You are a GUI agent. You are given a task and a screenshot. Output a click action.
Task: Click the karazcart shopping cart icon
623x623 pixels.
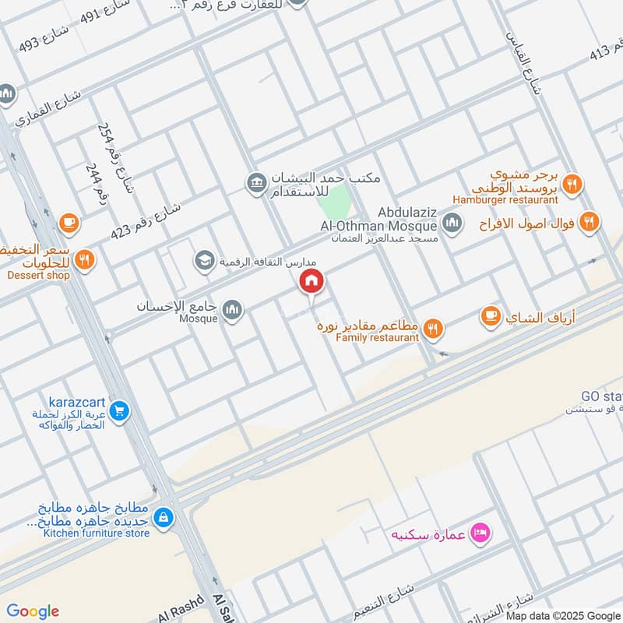tap(119, 410)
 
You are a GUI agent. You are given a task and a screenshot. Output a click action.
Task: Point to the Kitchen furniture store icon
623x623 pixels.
tap(163, 516)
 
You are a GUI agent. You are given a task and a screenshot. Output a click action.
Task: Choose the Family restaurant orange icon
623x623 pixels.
tap(434, 329)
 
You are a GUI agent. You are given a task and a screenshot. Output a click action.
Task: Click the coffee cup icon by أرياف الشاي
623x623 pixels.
tap(490, 316)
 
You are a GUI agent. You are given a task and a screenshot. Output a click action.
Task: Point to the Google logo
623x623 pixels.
tap(33, 611)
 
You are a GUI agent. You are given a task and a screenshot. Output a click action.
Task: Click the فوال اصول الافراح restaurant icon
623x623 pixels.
tap(590, 222)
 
